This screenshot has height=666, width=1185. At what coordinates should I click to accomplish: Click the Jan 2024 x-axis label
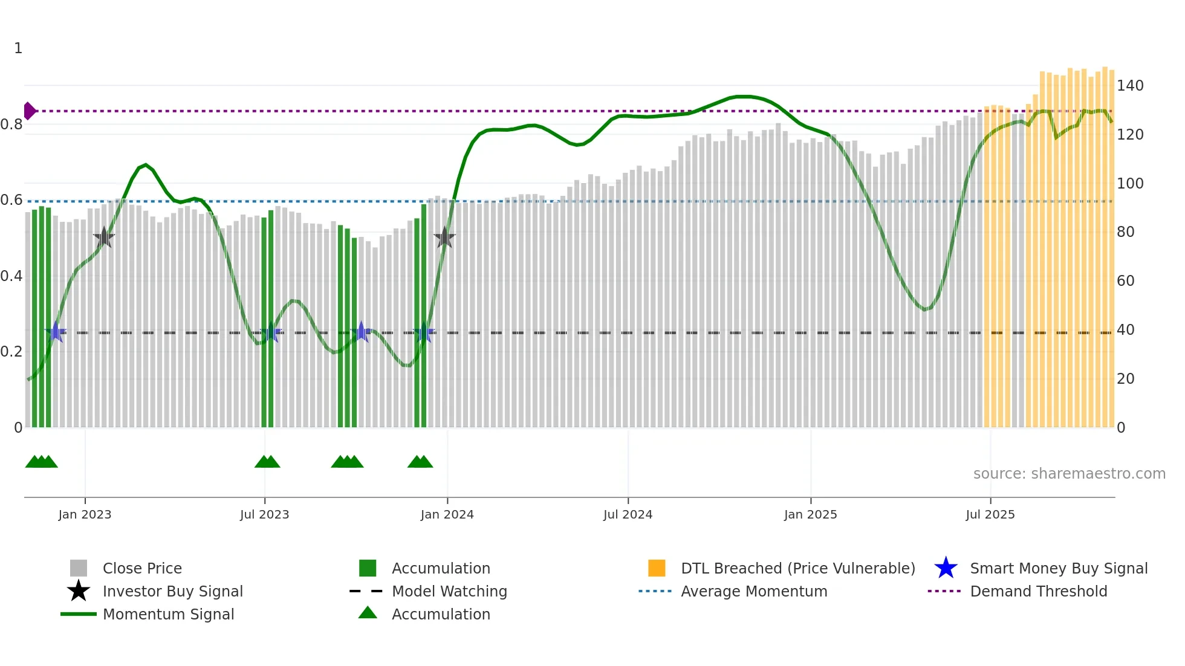coord(447,515)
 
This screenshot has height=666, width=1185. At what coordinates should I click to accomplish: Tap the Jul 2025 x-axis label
coord(990,515)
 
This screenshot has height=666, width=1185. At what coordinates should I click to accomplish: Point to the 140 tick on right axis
coord(1129,86)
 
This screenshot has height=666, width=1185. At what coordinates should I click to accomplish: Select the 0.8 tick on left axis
coord(11,124)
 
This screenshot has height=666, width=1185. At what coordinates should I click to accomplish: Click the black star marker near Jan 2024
coord(444,238)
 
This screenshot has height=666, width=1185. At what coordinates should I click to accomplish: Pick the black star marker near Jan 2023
coord(104,238)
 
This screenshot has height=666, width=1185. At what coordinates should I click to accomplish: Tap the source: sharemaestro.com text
coord(1069,474)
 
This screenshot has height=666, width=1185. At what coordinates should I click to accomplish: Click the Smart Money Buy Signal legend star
coord(946,568)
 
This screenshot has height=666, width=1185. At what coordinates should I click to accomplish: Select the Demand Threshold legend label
coord(1038,592)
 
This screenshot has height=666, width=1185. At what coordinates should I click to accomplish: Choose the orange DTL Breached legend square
coord(657,568)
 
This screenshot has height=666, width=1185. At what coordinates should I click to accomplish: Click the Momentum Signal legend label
coord(168,615)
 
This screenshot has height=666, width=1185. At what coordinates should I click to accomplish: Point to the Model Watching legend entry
coord(449,592)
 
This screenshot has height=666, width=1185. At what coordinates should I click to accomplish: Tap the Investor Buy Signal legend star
coord(79,591)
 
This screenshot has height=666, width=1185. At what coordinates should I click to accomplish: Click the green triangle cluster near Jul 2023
coord(267,462)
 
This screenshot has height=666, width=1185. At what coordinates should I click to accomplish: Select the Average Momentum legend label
coord(753,592)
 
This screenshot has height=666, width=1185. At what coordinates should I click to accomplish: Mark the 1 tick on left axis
coord(18,48)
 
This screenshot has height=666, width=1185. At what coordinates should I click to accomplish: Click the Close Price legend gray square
coord(79,568)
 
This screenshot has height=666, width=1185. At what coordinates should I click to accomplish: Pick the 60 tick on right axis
coord(1125,281)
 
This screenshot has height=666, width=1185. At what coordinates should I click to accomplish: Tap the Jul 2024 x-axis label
coord(628,515)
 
